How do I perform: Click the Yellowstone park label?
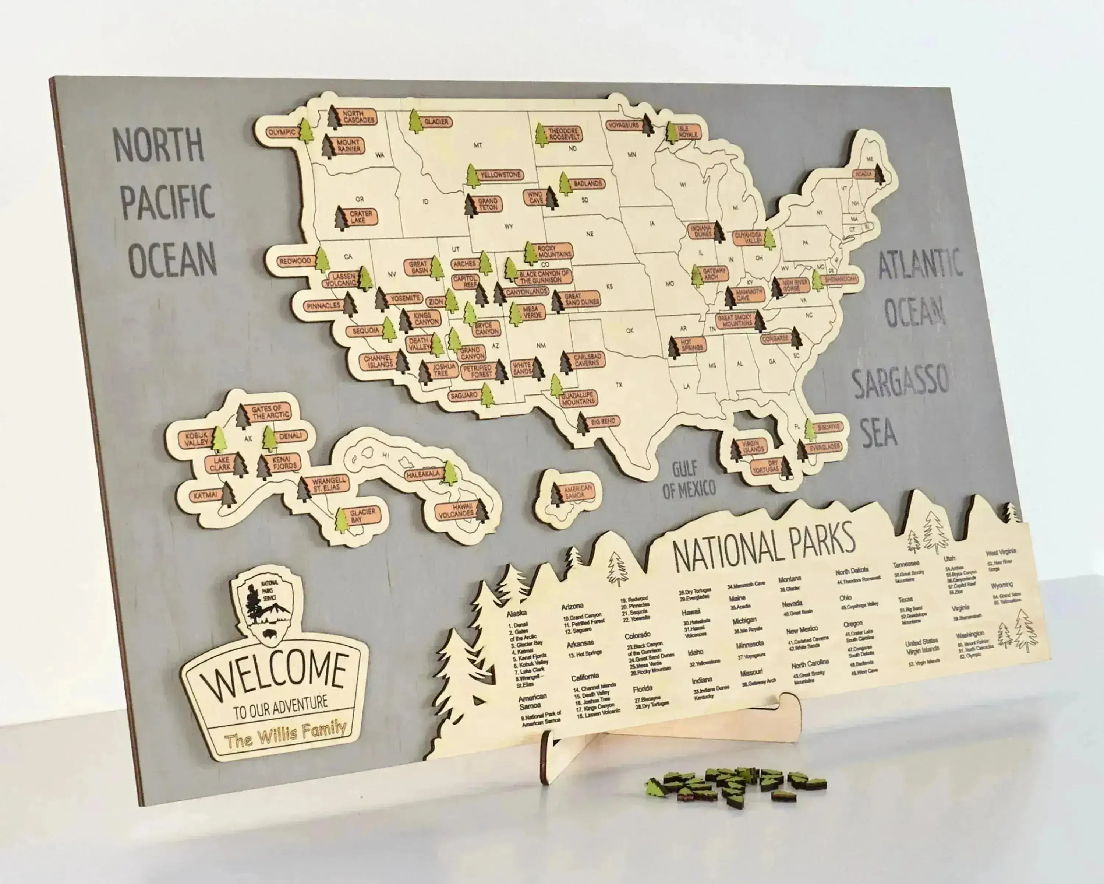tap(500, 175)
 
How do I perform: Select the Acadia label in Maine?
tap(863, 174)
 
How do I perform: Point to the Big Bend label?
tap(603, 422)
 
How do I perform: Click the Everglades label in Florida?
tap(824, 448)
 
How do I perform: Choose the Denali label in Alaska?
tap(291, 436)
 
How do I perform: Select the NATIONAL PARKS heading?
tap(763, 544)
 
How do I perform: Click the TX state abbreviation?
tap(619, 384)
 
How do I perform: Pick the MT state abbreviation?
tap(478, 145)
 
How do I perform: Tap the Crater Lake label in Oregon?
tap(361, 217)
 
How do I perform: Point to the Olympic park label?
tap(282, 132)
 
